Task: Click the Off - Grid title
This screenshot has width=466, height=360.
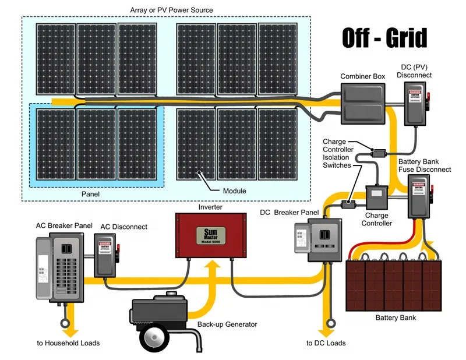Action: click(x=384, y=38)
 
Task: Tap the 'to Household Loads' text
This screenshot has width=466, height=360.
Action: click(x=68, y=343)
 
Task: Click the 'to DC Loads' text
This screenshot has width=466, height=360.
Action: click(x=326, y=343)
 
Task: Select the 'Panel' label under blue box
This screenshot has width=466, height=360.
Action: click(x=91, y=194)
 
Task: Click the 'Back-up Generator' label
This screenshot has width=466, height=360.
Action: click(x=227, y=324)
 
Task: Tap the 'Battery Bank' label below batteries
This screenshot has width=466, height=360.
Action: click(x=396, y=318)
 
